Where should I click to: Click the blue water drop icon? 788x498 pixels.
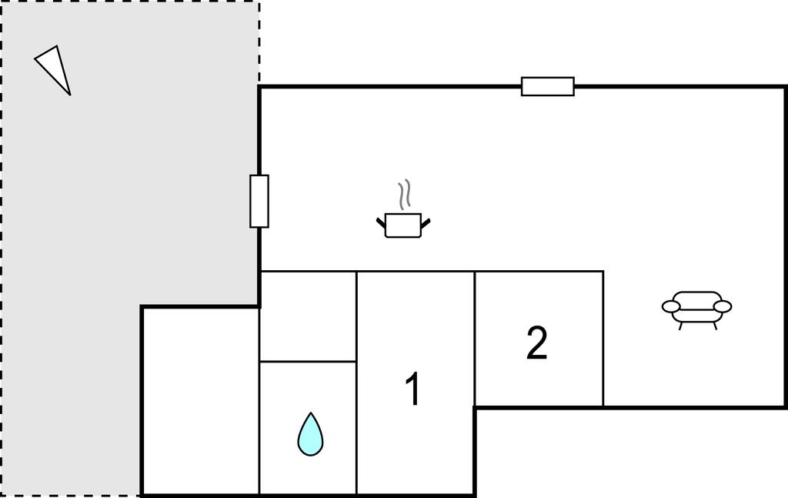[x=311, y=435]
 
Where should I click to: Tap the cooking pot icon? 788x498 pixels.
[x=403, y=225]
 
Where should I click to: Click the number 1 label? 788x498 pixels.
[x=412, y=389]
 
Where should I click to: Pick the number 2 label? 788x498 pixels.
[x=536, y=343]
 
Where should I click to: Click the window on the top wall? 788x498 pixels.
[x=548, y=86]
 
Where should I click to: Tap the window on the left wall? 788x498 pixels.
[x=259, y=201]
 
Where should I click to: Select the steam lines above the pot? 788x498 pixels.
[x=405, y=195]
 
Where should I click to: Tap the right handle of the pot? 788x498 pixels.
[x=426, y=222]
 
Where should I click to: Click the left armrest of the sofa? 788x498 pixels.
[x=671, y=306]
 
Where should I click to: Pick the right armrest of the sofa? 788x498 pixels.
[x=723, y=306]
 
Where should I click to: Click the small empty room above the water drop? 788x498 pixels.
[x=308, y=316]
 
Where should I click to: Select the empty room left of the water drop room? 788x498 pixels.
[x=201, y=400]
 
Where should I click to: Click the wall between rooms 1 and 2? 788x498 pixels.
[x=474, y=339]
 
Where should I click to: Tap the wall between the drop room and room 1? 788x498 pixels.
[x=356, y=427]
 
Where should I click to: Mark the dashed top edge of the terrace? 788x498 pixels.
[x=129, y=2]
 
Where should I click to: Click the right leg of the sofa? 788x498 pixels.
[x=715, y=326]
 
